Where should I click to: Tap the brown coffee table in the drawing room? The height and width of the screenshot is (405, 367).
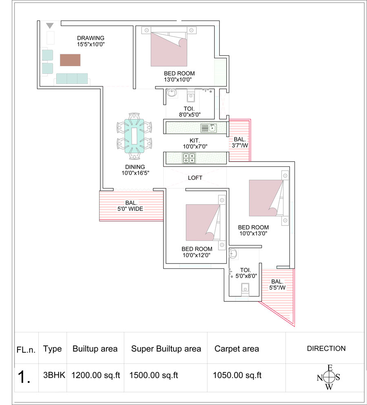point(70,60)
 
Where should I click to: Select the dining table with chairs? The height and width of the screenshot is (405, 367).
point(134,136)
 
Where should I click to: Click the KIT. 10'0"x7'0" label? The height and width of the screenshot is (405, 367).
point(195,143)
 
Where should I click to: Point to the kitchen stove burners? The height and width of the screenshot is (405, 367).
point(189,158)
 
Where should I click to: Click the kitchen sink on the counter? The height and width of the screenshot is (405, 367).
point(212,128)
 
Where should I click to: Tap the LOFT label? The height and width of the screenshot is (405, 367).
point(195,178)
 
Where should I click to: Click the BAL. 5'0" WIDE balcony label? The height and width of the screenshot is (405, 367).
point(130,206)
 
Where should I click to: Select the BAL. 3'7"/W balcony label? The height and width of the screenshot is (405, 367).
point(240,142)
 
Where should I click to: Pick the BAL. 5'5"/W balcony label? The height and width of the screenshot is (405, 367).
point(277,284)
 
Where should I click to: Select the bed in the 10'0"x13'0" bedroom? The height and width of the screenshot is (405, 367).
point(269,198)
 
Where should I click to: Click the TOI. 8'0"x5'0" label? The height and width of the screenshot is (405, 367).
point(190,112)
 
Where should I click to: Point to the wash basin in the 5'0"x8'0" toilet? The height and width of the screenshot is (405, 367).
point(233,254)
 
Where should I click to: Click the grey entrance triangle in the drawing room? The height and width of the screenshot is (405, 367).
point(50,26)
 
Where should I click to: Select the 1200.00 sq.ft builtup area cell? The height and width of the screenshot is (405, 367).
point(95,375)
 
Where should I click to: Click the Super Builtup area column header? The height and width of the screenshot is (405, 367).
point(166,349)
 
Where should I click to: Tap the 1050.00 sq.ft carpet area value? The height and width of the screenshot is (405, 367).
point(237,375)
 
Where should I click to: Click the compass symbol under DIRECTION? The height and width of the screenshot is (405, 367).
point(329,377)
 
